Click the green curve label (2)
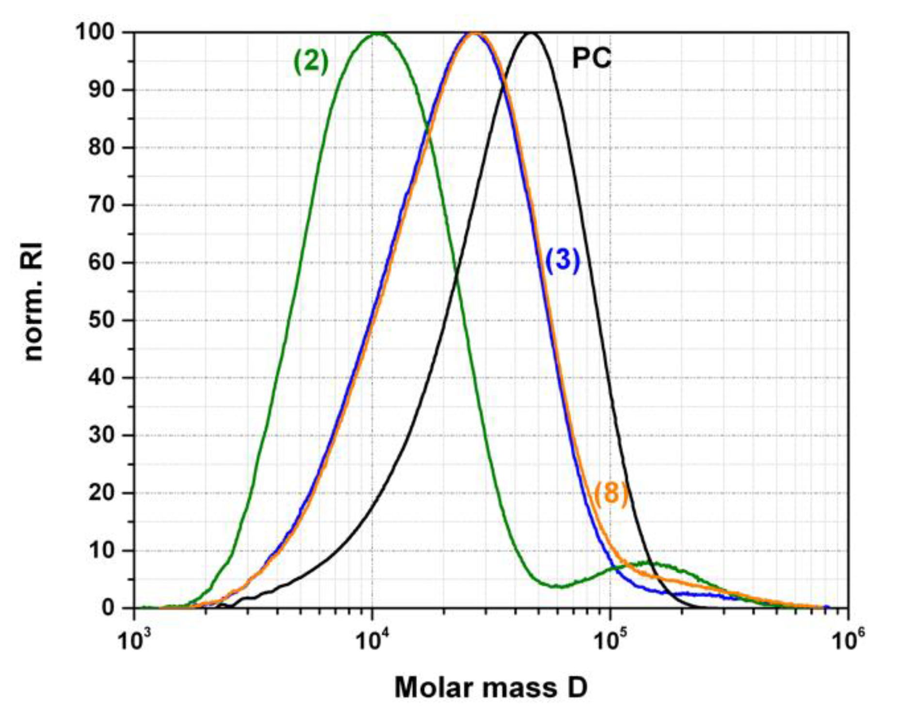(311, 63)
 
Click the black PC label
(592, 59)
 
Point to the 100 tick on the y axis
(100, 32)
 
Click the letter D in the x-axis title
(577, 688)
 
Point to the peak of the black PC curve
(531, 33)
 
